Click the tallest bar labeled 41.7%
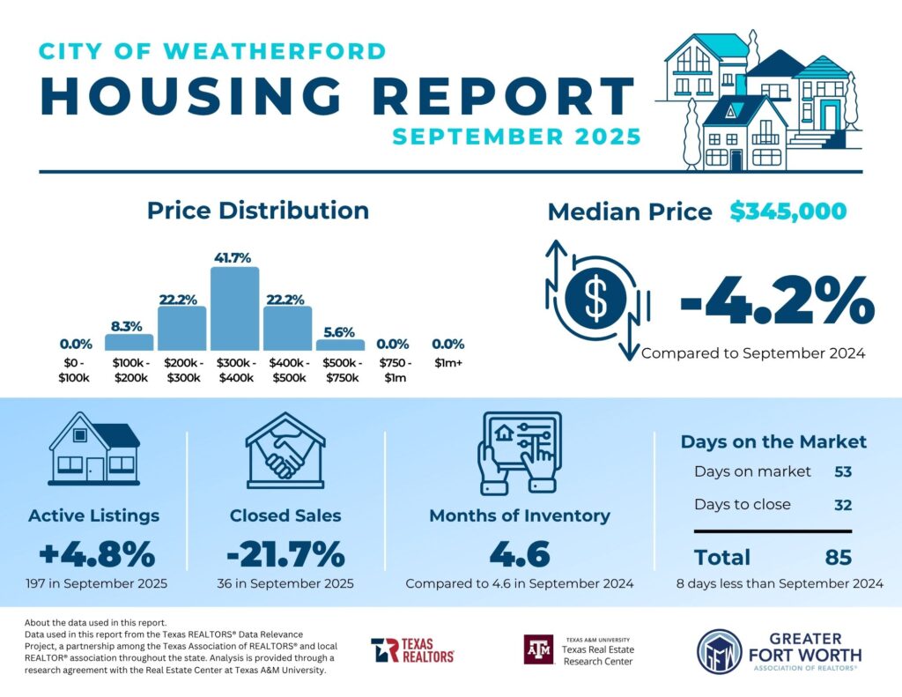(234, 308)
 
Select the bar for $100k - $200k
(129, 342)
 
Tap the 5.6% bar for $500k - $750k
(339, 345)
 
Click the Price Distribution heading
(257, 211)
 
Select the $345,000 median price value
(788, 211)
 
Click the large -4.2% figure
(777, 301)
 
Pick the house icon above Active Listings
(94, 449)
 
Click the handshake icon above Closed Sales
(285, 449)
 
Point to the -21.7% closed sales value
(285, 554)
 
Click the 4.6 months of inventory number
(520, 554)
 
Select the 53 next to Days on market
(843, 471)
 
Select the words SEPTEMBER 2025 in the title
(516, 137)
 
